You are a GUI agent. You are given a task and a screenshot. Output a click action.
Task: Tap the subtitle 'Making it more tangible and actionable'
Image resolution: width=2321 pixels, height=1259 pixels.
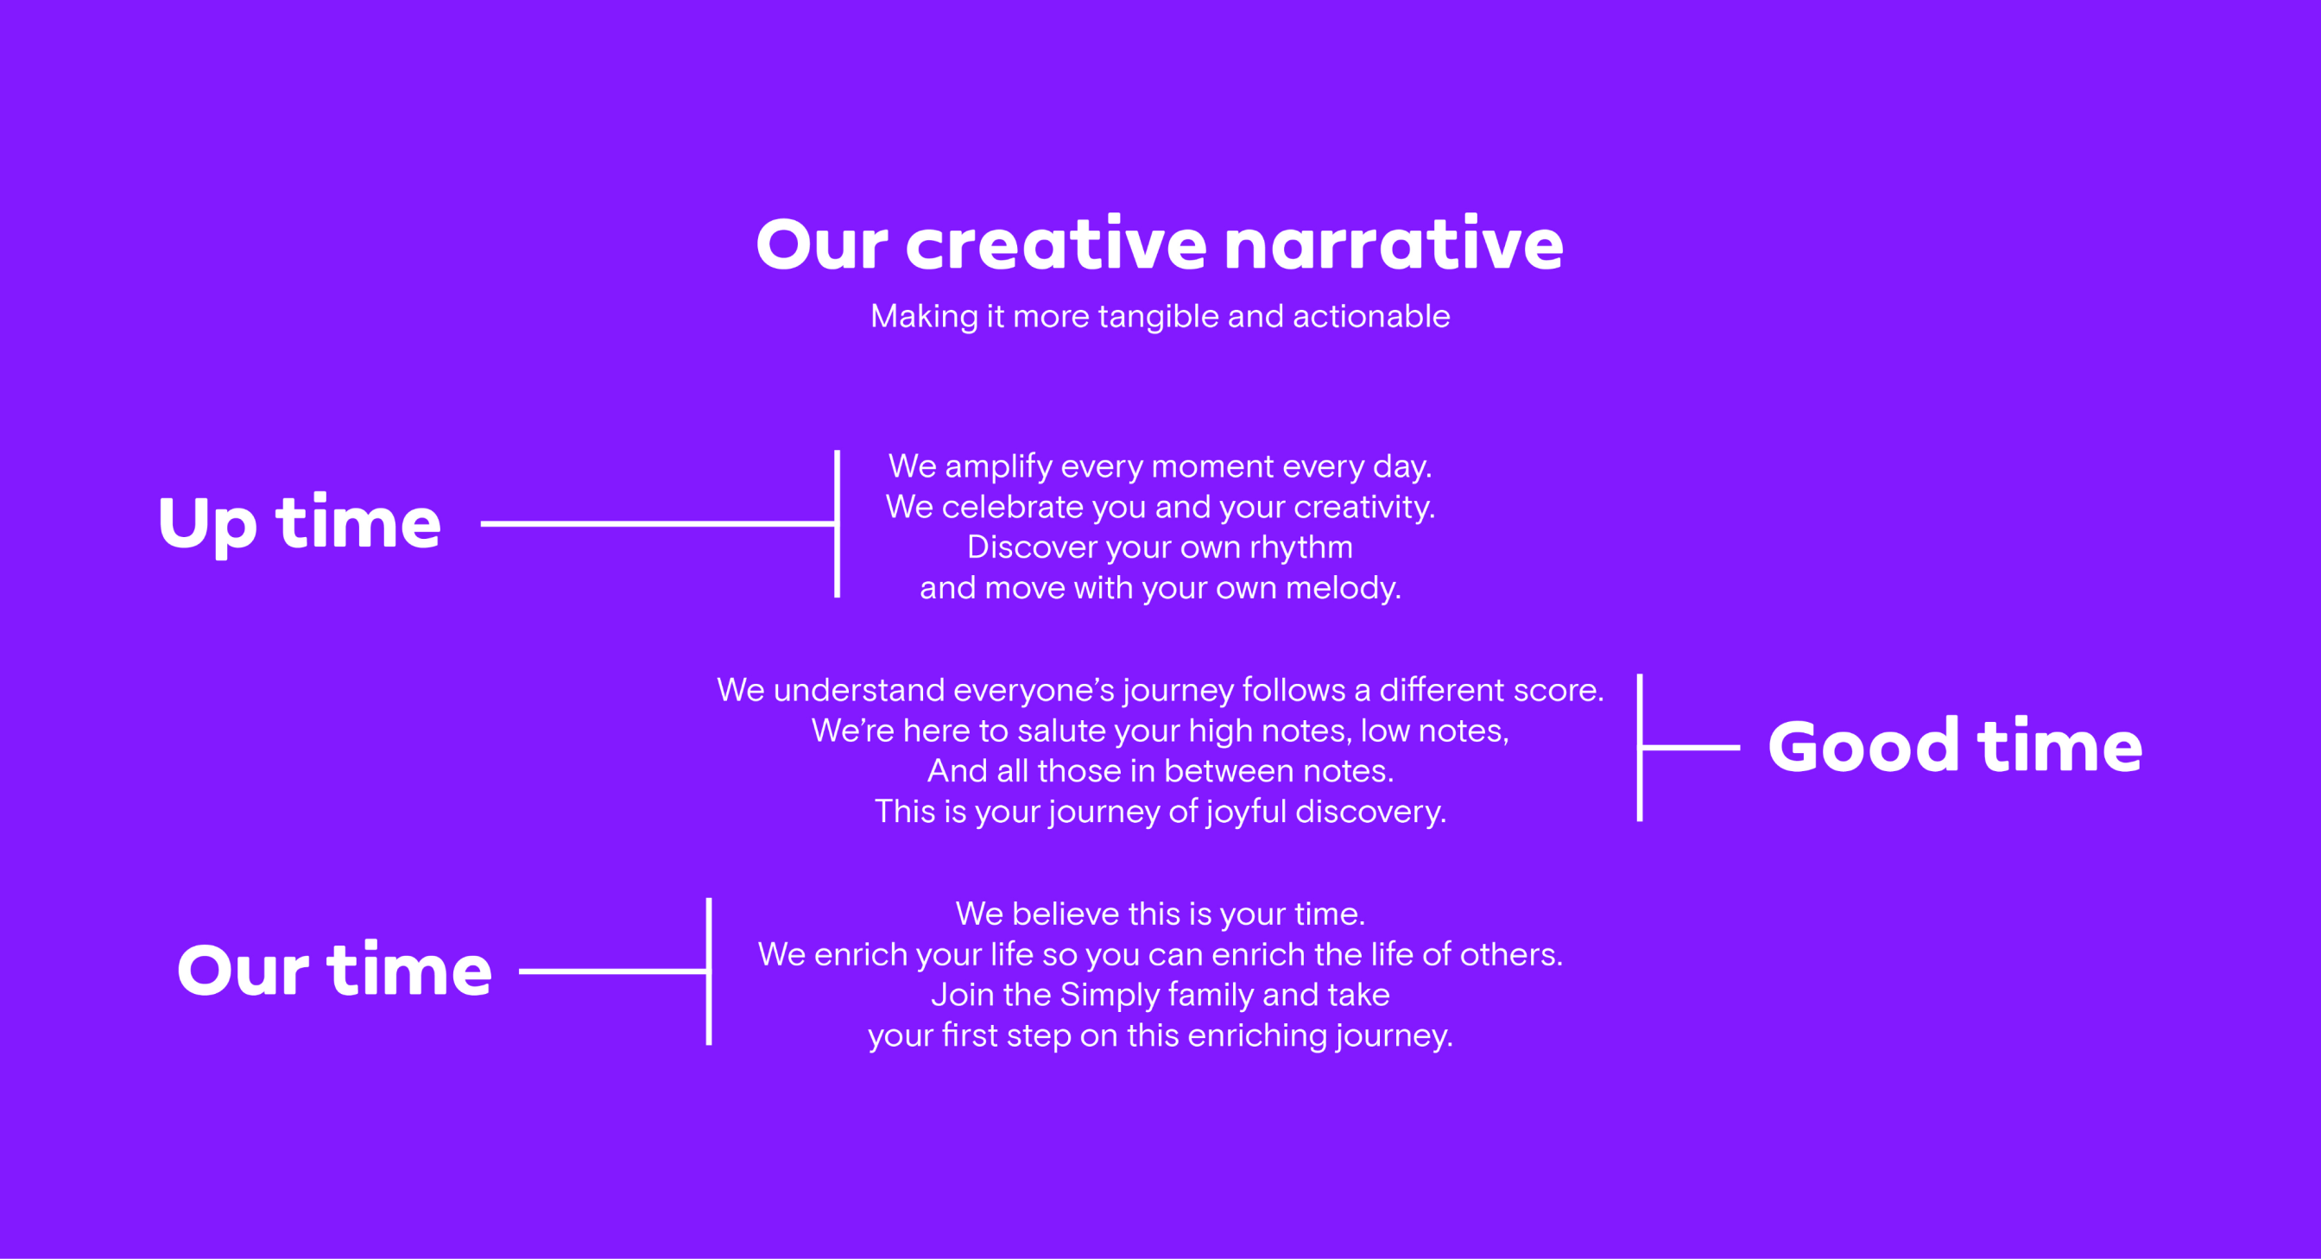click(x=1160, y=316)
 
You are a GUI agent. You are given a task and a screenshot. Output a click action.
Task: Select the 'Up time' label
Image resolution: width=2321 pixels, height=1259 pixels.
click(x=299, y=523)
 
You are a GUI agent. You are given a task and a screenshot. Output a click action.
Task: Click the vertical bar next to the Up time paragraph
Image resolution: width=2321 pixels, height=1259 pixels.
click(x=837, y=523)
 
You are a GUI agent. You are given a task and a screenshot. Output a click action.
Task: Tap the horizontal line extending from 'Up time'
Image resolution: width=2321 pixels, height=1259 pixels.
click(x=658, y=523)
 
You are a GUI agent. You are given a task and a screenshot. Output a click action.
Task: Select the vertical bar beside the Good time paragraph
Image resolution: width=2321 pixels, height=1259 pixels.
click(x=1640, y=747)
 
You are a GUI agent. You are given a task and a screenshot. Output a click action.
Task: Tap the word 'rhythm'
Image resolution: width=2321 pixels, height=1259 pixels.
click(x=1300, y=548)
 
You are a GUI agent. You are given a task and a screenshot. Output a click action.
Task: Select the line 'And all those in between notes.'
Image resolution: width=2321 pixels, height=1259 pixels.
click(x=1160, y=771)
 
